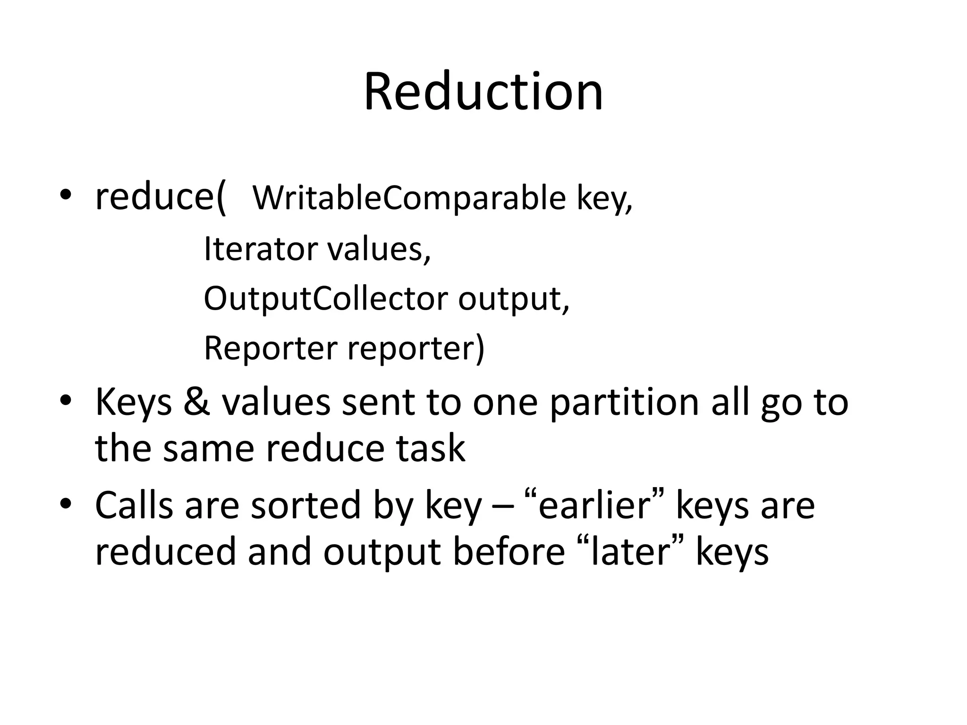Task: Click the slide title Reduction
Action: pos(483,92)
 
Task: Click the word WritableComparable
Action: pos(409,198)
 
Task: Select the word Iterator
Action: pos(260,249)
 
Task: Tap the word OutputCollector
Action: pos(325,299)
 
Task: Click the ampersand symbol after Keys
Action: pos(197,403)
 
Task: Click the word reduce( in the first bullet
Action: pos(161,197)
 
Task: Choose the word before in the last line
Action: pos(509,552)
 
